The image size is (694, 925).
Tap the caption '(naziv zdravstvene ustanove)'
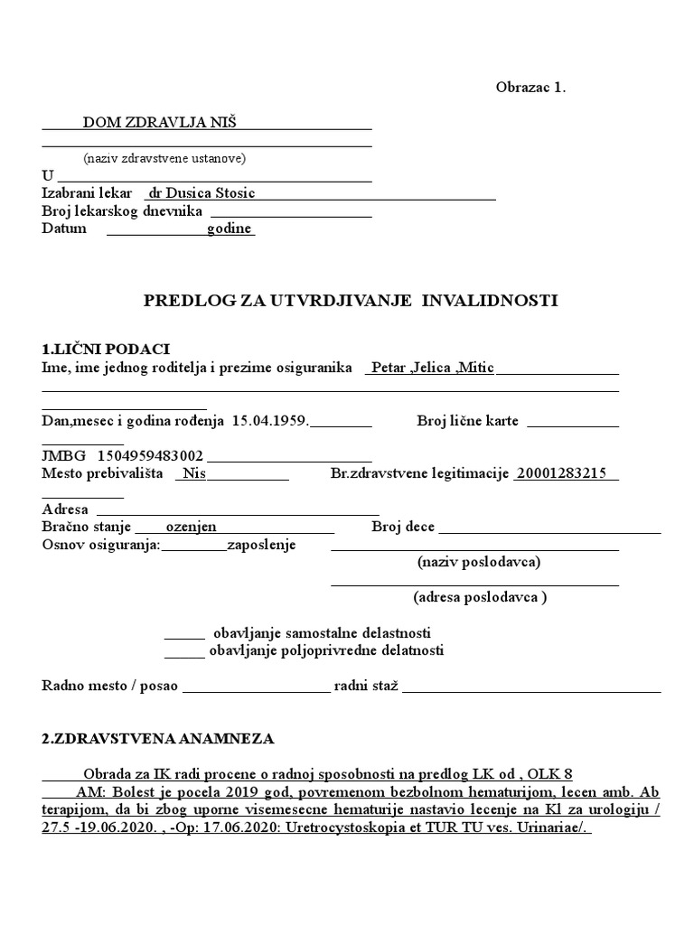point(164,158)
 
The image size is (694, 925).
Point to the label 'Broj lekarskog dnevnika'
point(122,211)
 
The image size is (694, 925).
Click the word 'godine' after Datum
point(230,229)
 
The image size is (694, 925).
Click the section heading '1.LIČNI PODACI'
point(106,350)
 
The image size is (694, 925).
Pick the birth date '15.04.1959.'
point(270,421)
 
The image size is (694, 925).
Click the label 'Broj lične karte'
point(467,421)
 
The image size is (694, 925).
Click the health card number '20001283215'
point(561,474)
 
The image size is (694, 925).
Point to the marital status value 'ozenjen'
point(191,528)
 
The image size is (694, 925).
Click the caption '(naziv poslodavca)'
point(479,562)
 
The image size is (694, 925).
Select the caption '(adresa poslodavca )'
point(480,597)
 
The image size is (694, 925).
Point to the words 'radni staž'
point(366,686)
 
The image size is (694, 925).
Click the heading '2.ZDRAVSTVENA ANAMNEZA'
point(157,739)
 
